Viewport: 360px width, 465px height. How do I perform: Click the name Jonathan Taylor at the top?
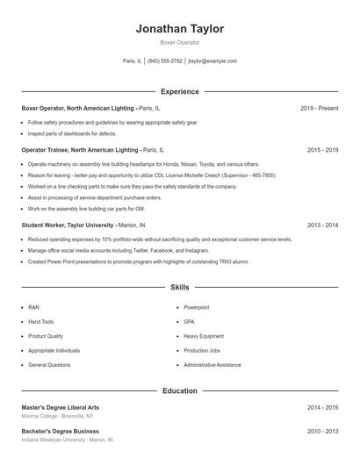(180, 29)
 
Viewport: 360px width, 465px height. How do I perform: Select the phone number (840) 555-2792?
(165, 61)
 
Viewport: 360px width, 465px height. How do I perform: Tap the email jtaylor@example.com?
(213, 61)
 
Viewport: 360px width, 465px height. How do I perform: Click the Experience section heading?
(180, 91)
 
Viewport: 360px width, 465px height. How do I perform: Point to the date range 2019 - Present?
(320, 108)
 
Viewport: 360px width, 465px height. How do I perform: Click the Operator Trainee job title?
(80, 150)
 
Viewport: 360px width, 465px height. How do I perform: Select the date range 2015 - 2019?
(323, 150)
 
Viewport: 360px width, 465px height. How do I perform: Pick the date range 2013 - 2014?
(323, 225)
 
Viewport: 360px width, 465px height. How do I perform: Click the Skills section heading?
(180, 287)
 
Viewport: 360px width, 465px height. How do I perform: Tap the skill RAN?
(33, 308)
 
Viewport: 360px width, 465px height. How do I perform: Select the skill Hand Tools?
(40, 322)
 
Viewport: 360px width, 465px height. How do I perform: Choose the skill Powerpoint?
(198, 308)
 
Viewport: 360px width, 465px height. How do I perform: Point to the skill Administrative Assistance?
(212, 364)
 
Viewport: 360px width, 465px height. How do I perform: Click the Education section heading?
(180, 390)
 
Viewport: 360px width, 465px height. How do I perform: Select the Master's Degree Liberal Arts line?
(61, 407)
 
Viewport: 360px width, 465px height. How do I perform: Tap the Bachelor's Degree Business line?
(60, 431)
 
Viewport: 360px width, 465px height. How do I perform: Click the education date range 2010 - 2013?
(323, 431)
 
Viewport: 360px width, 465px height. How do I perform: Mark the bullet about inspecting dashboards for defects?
(72, 133)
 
